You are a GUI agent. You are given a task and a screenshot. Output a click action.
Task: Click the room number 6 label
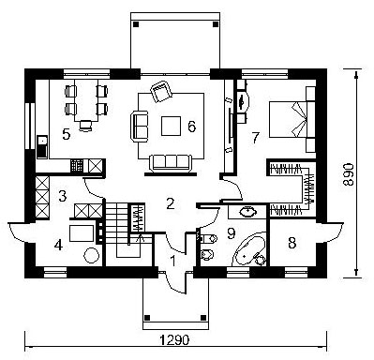coord(191,127)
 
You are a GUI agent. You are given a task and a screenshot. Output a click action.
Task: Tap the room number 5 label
coord(67,134)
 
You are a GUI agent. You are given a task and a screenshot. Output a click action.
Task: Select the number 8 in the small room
coord(292,243)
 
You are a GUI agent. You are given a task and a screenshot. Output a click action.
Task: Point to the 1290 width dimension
coord(174,339)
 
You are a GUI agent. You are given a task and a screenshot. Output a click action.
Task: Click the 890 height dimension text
coord(348,174)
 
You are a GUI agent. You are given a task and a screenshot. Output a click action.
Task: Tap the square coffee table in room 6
coord(171,126)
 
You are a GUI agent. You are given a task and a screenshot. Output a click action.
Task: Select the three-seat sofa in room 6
coord(171,163)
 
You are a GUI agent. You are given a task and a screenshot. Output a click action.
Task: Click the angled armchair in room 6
coord(161,91)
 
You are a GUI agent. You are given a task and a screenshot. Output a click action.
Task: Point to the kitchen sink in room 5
coord(42,146)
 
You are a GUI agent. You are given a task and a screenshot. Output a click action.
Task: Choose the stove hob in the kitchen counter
coord(77,166)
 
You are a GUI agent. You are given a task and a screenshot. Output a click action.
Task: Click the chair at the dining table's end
coord(85,126)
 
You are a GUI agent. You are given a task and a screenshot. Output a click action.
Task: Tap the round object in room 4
coord(91,255)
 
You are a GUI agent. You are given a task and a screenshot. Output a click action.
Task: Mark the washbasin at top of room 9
coord(248,212)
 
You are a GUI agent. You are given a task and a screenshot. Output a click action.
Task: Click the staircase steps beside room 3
coord(116,217)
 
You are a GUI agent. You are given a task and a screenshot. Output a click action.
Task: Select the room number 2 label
coord(170,203)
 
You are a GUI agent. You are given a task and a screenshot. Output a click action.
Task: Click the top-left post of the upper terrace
coord(136,24)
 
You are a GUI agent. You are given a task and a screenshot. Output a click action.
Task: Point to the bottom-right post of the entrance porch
coord(203,318)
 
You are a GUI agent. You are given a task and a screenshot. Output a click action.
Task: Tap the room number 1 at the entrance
coord(172,261)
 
